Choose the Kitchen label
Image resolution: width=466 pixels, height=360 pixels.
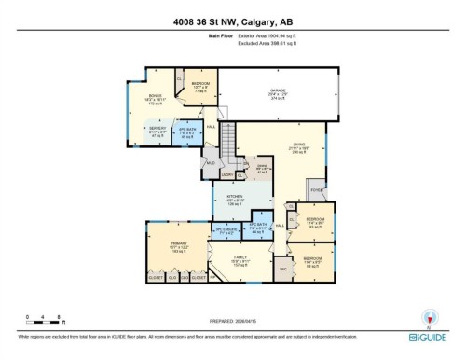point(235,199)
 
